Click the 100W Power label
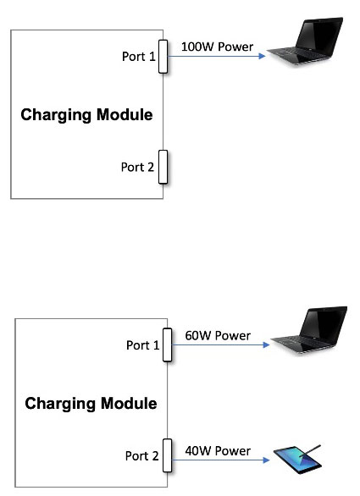[217, 47]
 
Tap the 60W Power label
[218, 336]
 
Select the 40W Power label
[218, 451]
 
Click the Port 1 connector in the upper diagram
[163, 57]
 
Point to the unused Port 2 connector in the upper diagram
[163, 167]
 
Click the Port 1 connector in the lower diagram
[167, 344]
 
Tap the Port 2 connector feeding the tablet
[167, 455]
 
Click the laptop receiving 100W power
[305, 41]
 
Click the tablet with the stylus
[297, 460]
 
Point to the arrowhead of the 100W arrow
[262, 57]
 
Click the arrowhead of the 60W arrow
[266, 344]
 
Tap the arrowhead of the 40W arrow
[266, 460]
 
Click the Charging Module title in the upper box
[86, 115]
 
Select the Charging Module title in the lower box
[91, 404]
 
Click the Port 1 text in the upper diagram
[139, 57]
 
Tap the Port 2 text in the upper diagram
[137, 167]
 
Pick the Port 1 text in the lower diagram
[143, 345]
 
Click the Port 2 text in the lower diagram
[141, 456]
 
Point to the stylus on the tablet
[311, 451]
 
